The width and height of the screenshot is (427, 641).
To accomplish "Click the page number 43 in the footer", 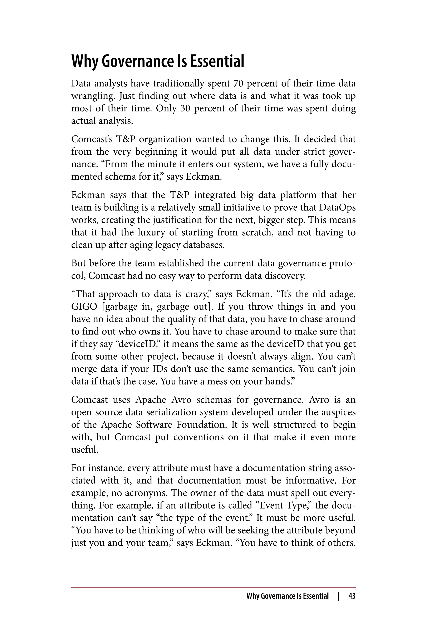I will click(352, 596).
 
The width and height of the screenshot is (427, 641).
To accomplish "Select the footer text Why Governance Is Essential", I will click(287, 596).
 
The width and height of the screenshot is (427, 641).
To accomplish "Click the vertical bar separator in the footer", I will click(339, 596).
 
